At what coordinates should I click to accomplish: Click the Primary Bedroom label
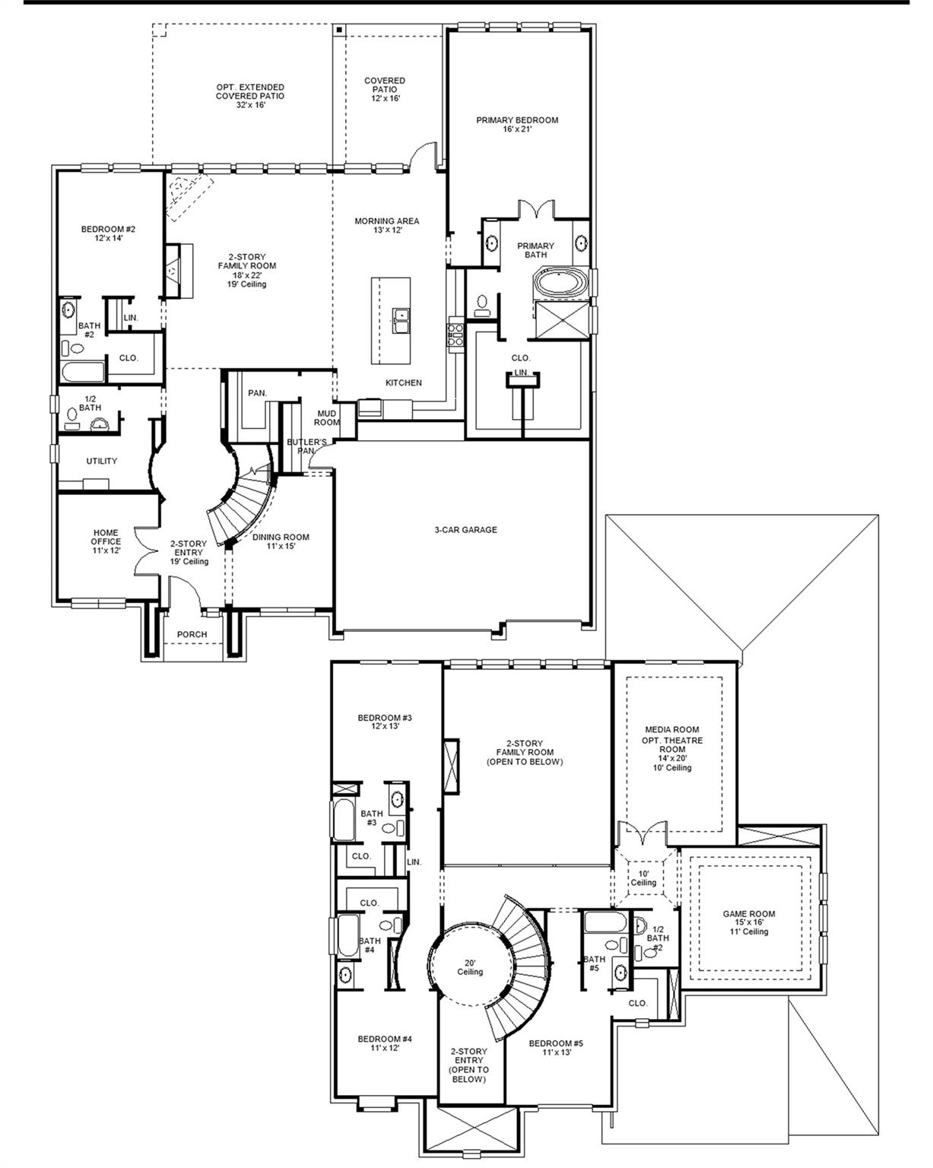point(517,125)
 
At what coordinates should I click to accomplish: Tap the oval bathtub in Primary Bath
point(561,284)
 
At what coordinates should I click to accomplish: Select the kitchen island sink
point(401,320)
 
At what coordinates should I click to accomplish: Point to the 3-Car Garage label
point(461,529)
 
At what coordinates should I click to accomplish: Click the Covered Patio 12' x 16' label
point(385,89)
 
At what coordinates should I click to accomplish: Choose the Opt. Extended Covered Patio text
point(250,96)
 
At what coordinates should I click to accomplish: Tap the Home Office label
point(106,541)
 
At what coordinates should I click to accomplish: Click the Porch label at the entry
point(192,634)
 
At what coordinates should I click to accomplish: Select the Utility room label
point(101,461)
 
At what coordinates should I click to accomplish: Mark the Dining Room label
point(281,541)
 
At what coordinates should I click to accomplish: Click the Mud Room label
point(328,417)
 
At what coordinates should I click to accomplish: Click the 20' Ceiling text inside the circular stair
point(469,966)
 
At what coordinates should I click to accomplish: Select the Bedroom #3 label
point(385,722)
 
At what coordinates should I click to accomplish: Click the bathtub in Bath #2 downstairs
point(81,373)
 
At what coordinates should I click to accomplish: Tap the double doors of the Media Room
point(644,836)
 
